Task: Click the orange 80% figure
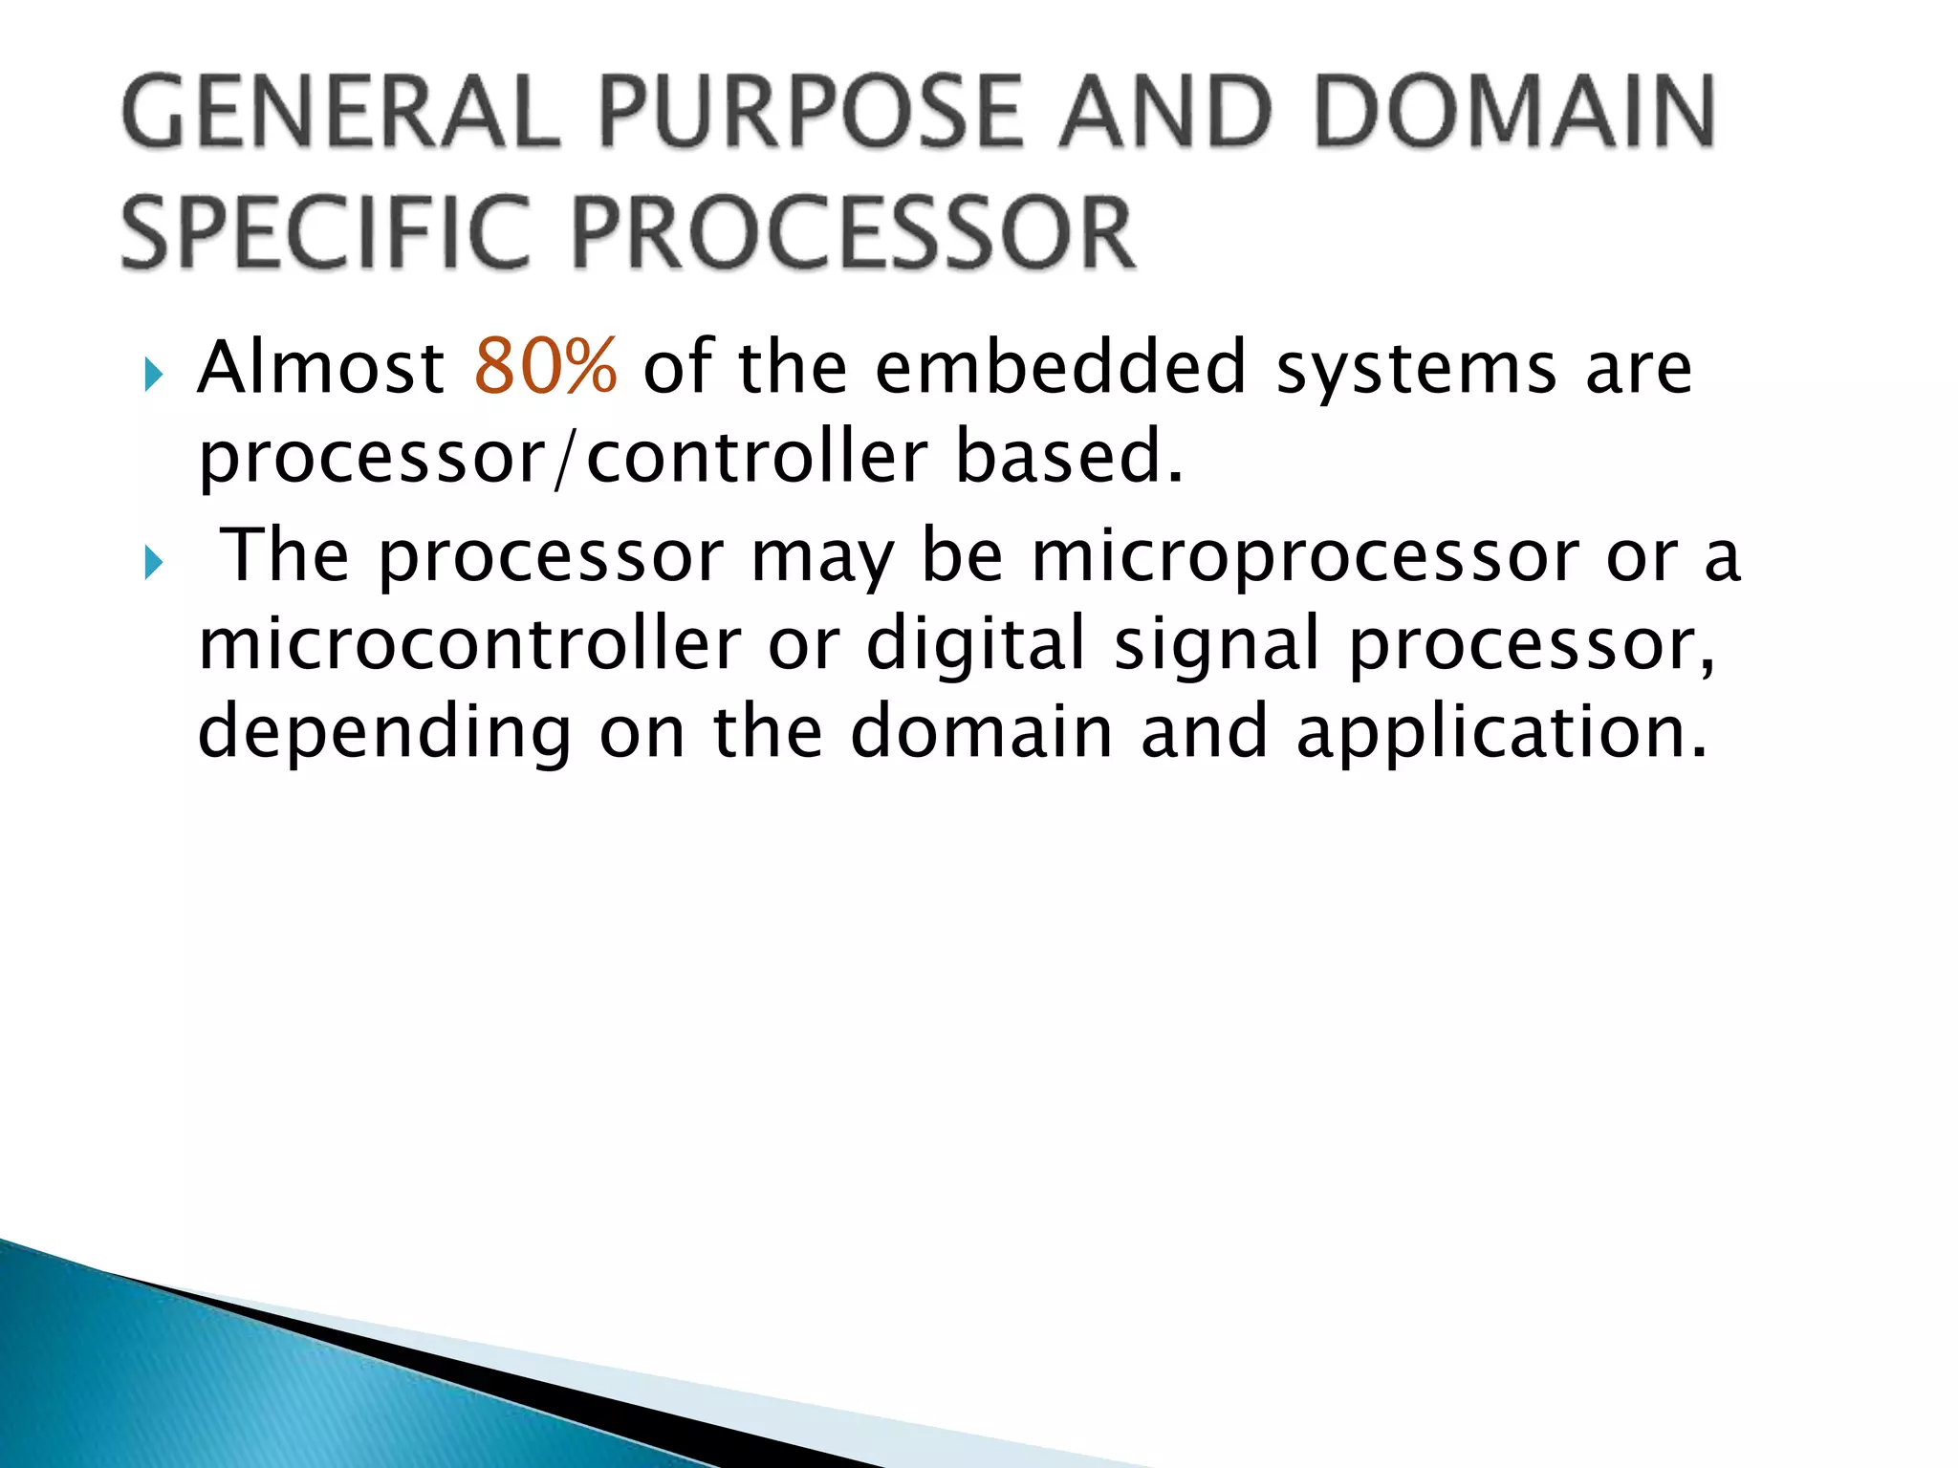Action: click(x=545, y=367)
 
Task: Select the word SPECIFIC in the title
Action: click(x=325, y=233)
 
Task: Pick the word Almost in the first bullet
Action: click(x=321, y=367)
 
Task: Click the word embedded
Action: click(x=1061, y=367)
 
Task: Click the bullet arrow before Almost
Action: click(x=154, y=375)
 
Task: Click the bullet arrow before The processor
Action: click(x=154, y=563)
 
